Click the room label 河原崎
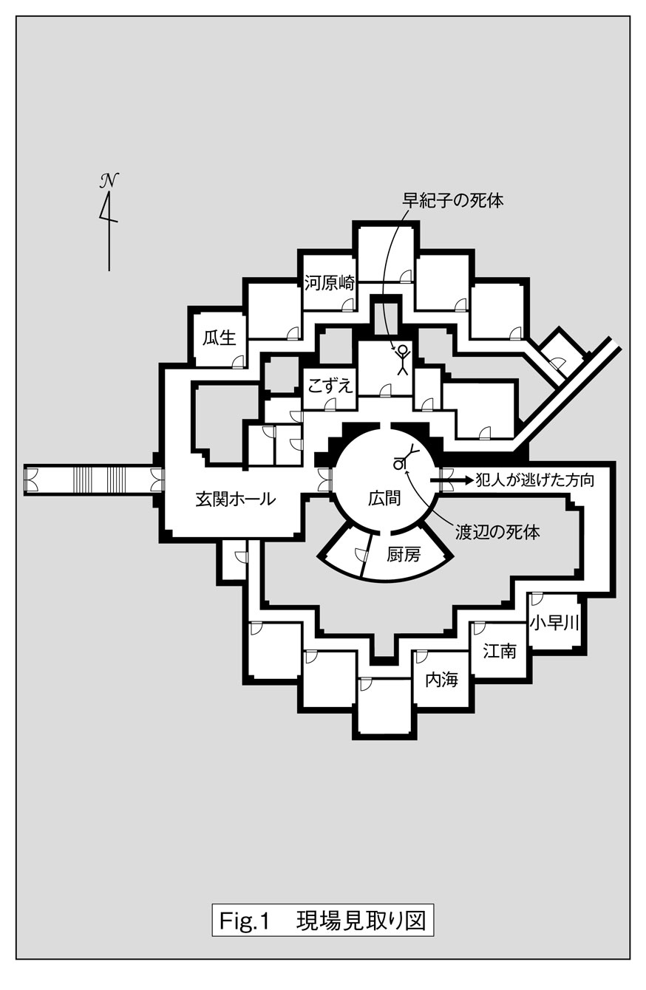coord(330,283)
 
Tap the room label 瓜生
coord(219,338)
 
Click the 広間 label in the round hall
coord(384,499)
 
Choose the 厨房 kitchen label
coord(403,554)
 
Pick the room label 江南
coord(500,651)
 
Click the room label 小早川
coord(554,623)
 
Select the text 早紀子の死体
coord(453,200)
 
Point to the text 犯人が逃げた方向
coord(536,479)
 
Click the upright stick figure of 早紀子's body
coord(402,360)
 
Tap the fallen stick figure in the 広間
coord(405,458)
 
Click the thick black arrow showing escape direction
coord(458,479)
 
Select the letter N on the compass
coord(109,180)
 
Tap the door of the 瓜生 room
coord(238,361)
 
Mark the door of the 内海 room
coord(422,657)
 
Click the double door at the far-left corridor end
coord(32,479)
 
